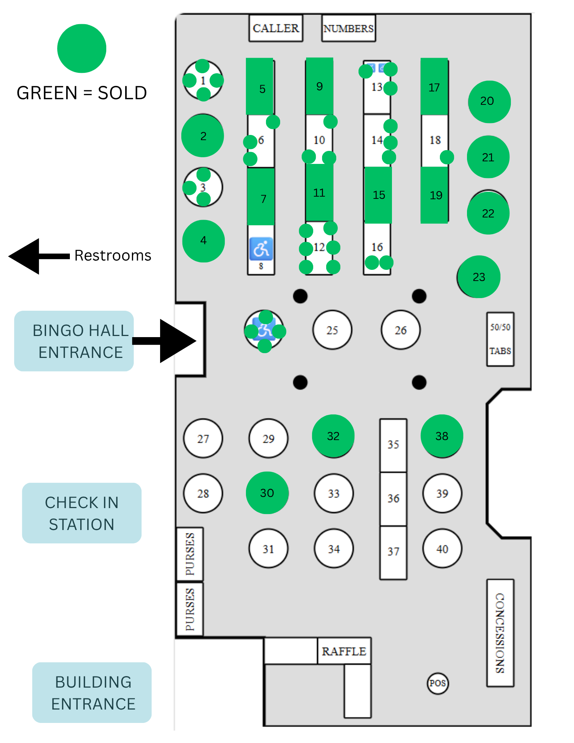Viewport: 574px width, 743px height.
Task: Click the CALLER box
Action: click(276, 28)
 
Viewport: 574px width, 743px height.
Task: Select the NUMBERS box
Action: click(348, 28)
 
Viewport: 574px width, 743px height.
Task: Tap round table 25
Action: click(332, 330)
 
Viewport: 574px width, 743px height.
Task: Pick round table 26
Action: click(400, 330)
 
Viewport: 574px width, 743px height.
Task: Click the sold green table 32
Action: click(333, 436)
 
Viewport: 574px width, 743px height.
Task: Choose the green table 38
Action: click(442, 436)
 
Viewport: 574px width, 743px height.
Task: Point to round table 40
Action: click(442, 549)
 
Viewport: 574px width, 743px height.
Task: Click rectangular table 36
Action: click(393, 499)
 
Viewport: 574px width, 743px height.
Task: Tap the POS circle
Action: click(438, 683)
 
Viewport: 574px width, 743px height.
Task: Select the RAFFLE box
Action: click(344, 651)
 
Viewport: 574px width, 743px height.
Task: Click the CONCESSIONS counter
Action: click(500, 633)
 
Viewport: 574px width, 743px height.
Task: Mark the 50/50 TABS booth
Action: click(500, 339)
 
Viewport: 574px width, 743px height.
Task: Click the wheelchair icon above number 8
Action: click(261, 249)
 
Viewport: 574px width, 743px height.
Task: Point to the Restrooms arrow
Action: click(39, 256)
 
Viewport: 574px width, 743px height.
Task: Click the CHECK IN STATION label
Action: click(82, 513)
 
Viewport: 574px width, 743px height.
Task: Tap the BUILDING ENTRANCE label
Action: click(92, 692)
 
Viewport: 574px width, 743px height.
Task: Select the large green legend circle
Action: click(82, 48)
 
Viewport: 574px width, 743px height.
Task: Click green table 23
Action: click(479, 277)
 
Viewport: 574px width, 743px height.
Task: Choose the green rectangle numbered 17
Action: click(434, 87)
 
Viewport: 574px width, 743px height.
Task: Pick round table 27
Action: click(203, 439)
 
